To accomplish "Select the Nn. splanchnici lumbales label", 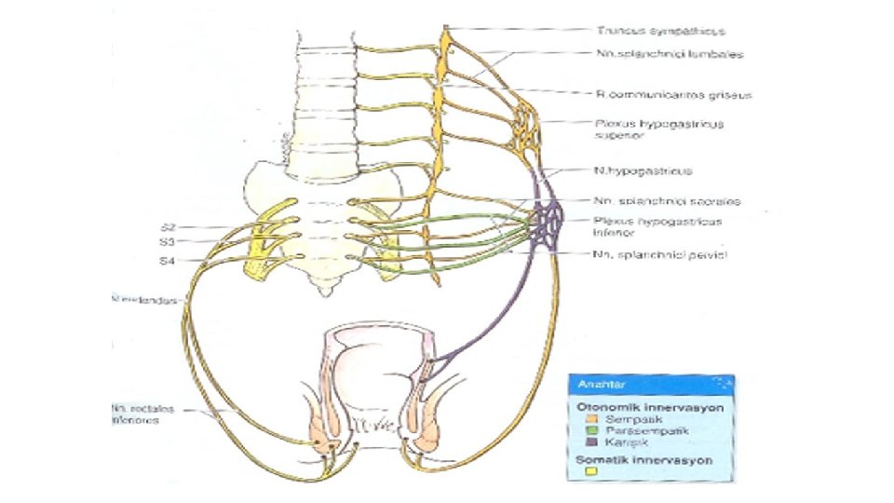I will click(x=657, y=55).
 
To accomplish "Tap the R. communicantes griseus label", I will click(x=661, y=94).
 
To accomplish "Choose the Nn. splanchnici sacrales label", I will click(x=654, y=199).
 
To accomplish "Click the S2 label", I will click(x=168, y=226).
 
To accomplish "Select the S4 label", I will click(x=168, y=261).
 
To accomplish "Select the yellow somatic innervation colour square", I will click(x=589, y=473).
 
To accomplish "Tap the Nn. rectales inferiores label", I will click(x=144, y=413).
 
